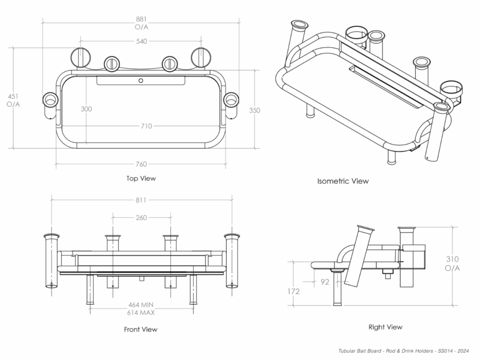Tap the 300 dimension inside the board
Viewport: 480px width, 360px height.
(86, 109)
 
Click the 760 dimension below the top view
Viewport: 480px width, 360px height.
(141, 164)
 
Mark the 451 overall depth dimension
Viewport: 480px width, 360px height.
(13, 100)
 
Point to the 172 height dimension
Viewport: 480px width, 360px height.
(293, 291)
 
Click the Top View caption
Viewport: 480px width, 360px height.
(141, 178)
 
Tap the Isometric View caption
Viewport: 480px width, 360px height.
(343, 181)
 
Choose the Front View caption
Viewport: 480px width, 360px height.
(140, 329)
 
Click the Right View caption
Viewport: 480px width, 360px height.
(385, 327)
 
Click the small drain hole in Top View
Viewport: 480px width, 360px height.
(140, 80)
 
